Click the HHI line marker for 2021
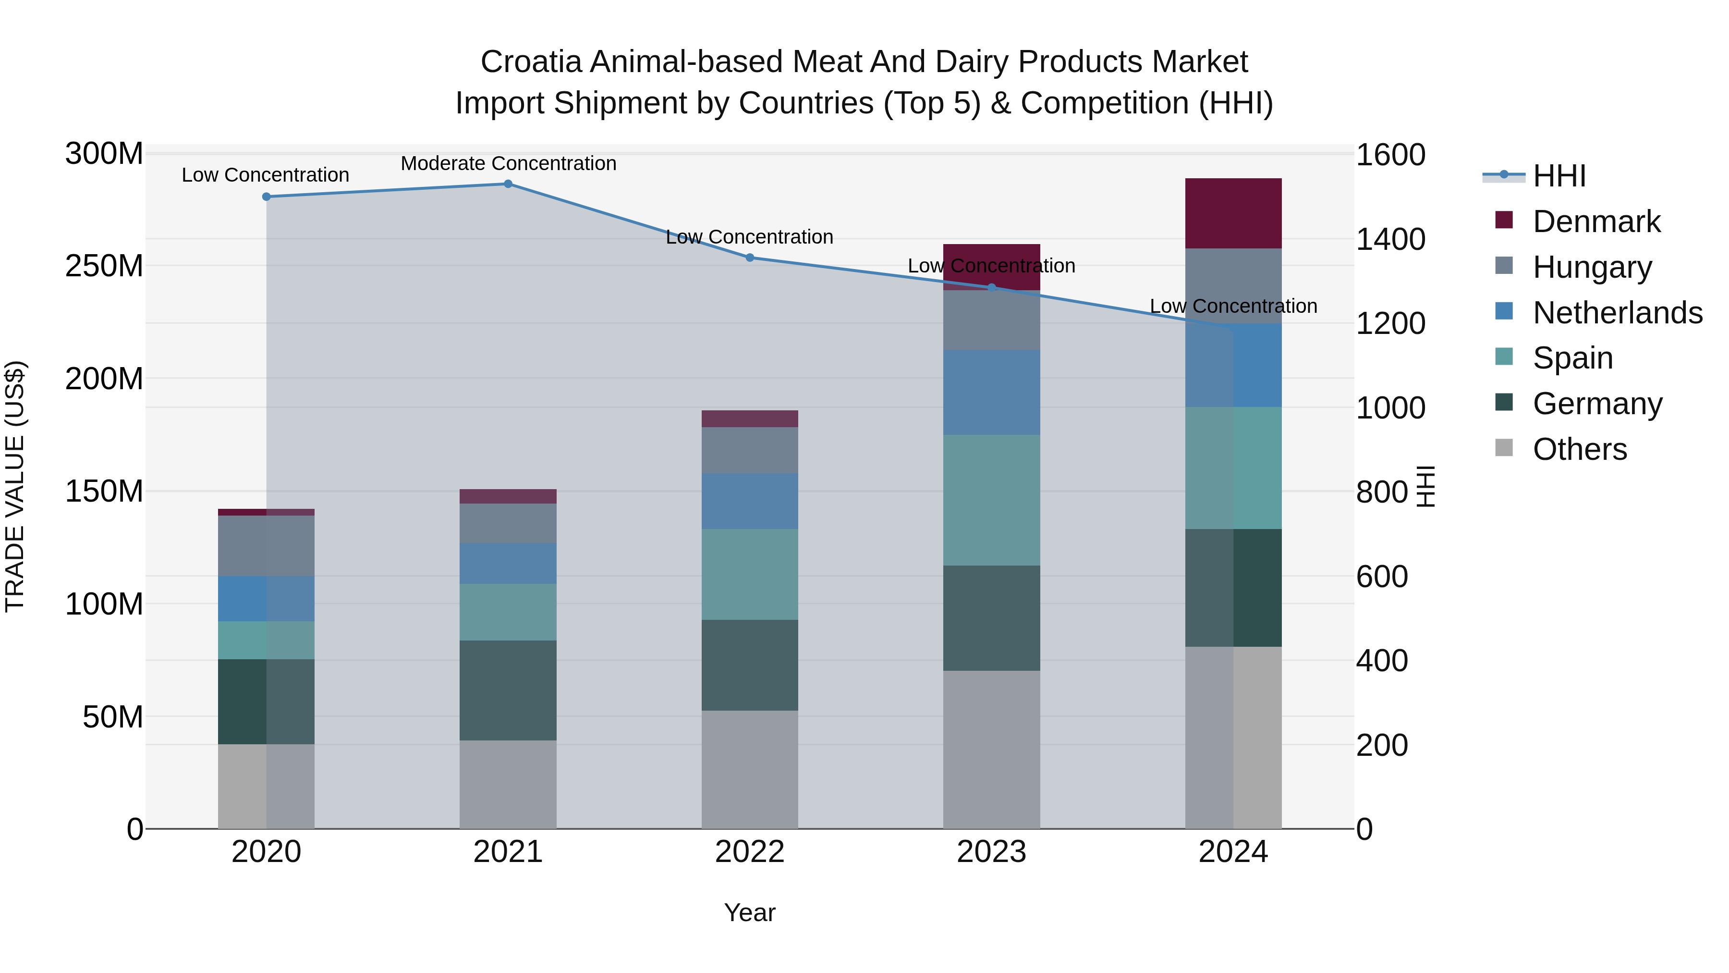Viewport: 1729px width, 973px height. point(508,184)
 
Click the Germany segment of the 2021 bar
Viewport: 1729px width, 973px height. point(508,690)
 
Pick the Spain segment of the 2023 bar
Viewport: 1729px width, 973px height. point(991,500)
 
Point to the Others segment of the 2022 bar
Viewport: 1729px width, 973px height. point(750,770)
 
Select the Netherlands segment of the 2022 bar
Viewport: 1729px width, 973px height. point(750,502)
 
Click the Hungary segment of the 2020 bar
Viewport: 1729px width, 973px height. point(267,546)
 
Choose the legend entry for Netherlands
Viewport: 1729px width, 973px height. point(1618,313)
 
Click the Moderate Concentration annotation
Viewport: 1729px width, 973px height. point(508,163)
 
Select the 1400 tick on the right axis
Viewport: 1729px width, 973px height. point(1391,239)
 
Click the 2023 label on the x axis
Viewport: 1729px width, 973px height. point(991,852)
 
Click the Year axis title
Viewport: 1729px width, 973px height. point(750,912)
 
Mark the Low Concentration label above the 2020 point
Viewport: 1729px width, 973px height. point(265,174)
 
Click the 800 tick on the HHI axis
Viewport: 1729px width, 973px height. point(1382,492)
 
